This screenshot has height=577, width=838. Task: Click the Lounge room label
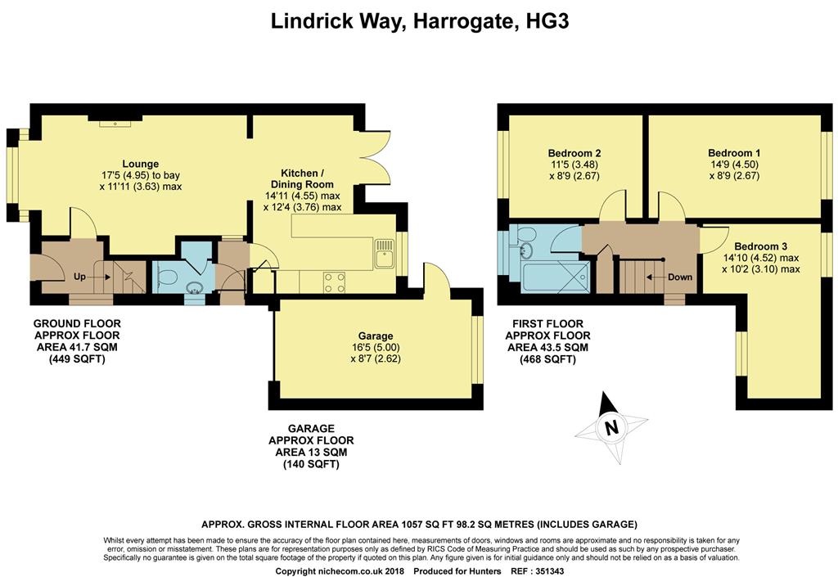point(141,164)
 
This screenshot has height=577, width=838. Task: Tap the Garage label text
point(376,336)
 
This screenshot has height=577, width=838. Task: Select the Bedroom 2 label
point(574,153)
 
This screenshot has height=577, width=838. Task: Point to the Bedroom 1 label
point(734,153)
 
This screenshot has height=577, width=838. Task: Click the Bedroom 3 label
point(760,246)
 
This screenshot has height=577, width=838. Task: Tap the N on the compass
point(611,427)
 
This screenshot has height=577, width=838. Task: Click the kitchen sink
point(385,253)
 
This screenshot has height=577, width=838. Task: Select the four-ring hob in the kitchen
point(334,282)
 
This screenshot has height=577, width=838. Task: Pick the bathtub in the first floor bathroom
point(556,277)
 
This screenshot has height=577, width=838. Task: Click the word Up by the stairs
point(79,277)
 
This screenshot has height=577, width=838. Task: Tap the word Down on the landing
point(680,277)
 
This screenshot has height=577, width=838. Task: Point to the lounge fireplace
point(115,120)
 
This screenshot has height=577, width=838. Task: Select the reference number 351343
point(545,571)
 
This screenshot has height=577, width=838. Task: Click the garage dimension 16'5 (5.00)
point(376,347)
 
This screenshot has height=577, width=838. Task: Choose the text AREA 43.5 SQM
point(547,347)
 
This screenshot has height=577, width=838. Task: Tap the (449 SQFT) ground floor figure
point(78,359)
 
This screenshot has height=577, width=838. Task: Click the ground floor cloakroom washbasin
point(193,288)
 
